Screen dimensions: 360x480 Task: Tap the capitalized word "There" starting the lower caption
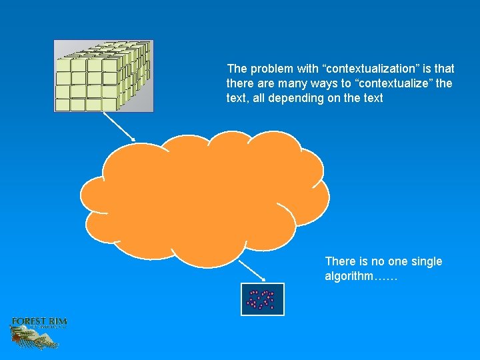(339, 261)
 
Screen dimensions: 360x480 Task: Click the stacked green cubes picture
(103, 76)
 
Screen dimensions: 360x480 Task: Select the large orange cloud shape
(203, 197)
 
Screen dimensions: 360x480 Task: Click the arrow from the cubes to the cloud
(119, 126)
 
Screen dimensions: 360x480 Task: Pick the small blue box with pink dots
(262, 299)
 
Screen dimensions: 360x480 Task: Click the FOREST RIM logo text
(39, 322)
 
